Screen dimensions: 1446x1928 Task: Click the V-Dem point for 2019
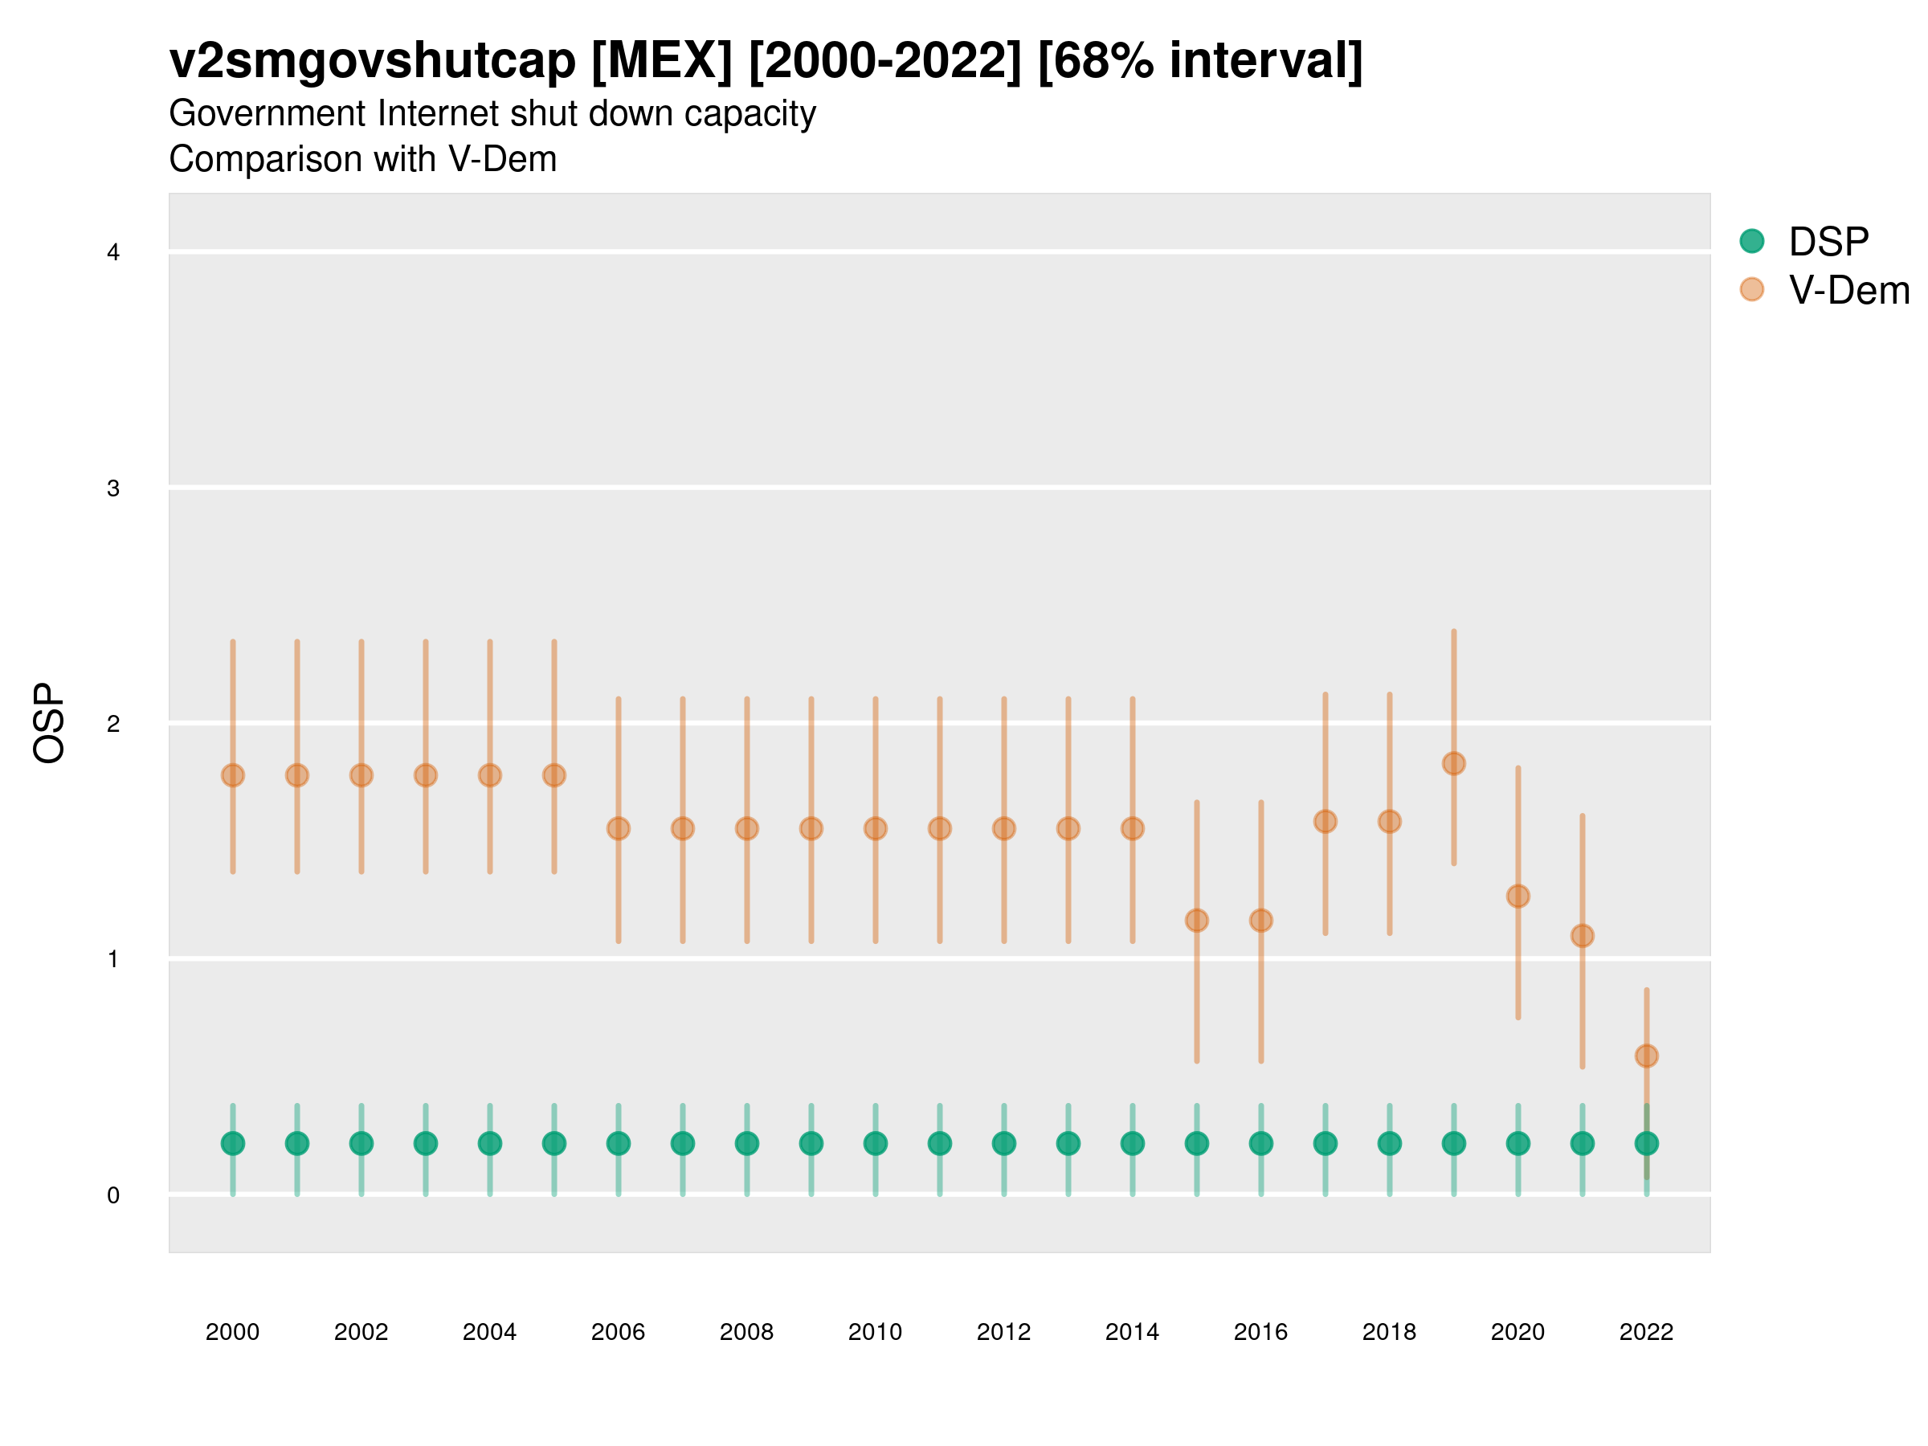pyautogui.click(x=1454, y=763)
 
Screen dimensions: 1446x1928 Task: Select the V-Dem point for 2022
pyautogui.click(x=1647, y=1056)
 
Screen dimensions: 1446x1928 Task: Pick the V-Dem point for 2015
pyautogui.click(x=1197, y=921)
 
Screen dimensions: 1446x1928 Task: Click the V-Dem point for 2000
pyautogui.click(x=233, y=775)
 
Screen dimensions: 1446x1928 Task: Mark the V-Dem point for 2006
pyautogui.click(x=618, y=828)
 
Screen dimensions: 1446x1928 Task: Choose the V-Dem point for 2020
pyautogui.click(x=1517, y=896)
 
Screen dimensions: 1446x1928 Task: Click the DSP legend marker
pyautogui.click(x=1751, y=240)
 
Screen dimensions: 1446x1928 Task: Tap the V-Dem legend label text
pyautogui.click(x=1848, y=290)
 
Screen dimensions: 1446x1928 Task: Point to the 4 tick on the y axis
pyautogui.click(x=113, y=253)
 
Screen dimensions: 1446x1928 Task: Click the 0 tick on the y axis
pyautogui.click(x=113, y=1195)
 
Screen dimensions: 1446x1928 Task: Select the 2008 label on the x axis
pyautogui.click(x=746, y=1332)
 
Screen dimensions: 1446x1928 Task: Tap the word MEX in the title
pyautogui.click(x=662, y=61)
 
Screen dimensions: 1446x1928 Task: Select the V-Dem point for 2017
pyautogui.click(x=1325, y=821)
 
